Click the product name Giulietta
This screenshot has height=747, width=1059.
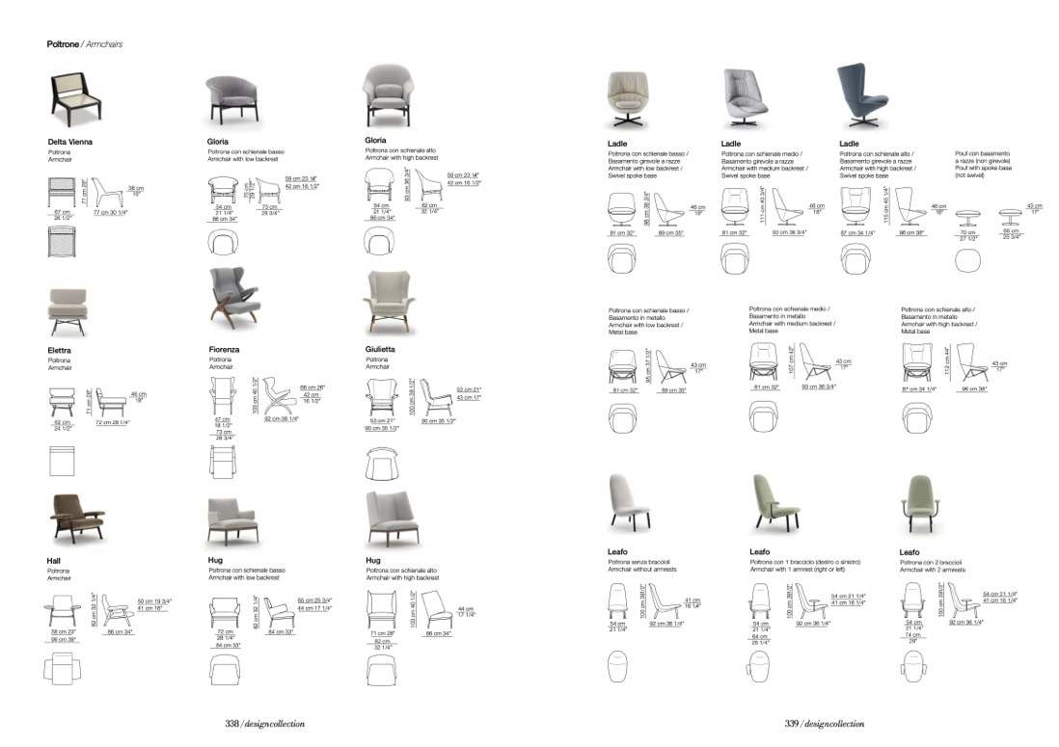click(x=382, y=350)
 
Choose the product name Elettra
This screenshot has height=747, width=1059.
click(x=60, y=350)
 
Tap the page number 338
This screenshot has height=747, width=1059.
click(x=231, y=723)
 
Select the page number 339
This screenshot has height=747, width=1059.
click(x=791, y=723)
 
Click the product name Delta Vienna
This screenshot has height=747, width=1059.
click(x=70, y=142)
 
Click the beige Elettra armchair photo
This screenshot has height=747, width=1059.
click(x=68, y=310)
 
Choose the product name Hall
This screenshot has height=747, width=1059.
click(x=54, y=560)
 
